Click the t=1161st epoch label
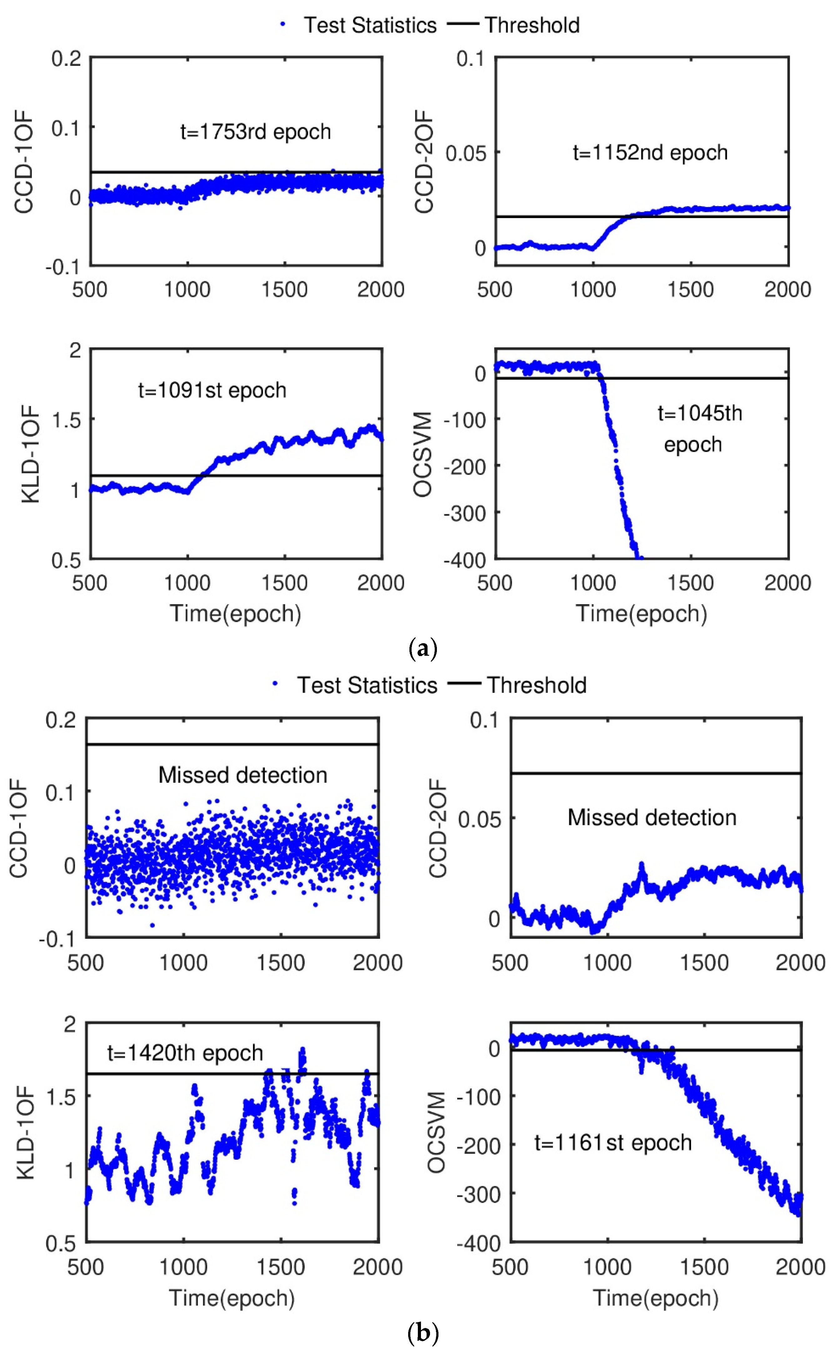click(x=613, y=1143)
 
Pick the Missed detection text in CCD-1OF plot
click(x=243, y=775)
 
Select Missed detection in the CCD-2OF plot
click(x=652, y=818)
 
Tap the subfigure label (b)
click(x=423, y=1334)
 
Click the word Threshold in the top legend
click(x=532, y=25)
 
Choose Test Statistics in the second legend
click(x=367, y=685)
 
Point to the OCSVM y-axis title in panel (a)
click(x=423, y=454)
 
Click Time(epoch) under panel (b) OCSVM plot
click(x=656, y=1298)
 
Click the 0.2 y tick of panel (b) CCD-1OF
click(x=61, y=720)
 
